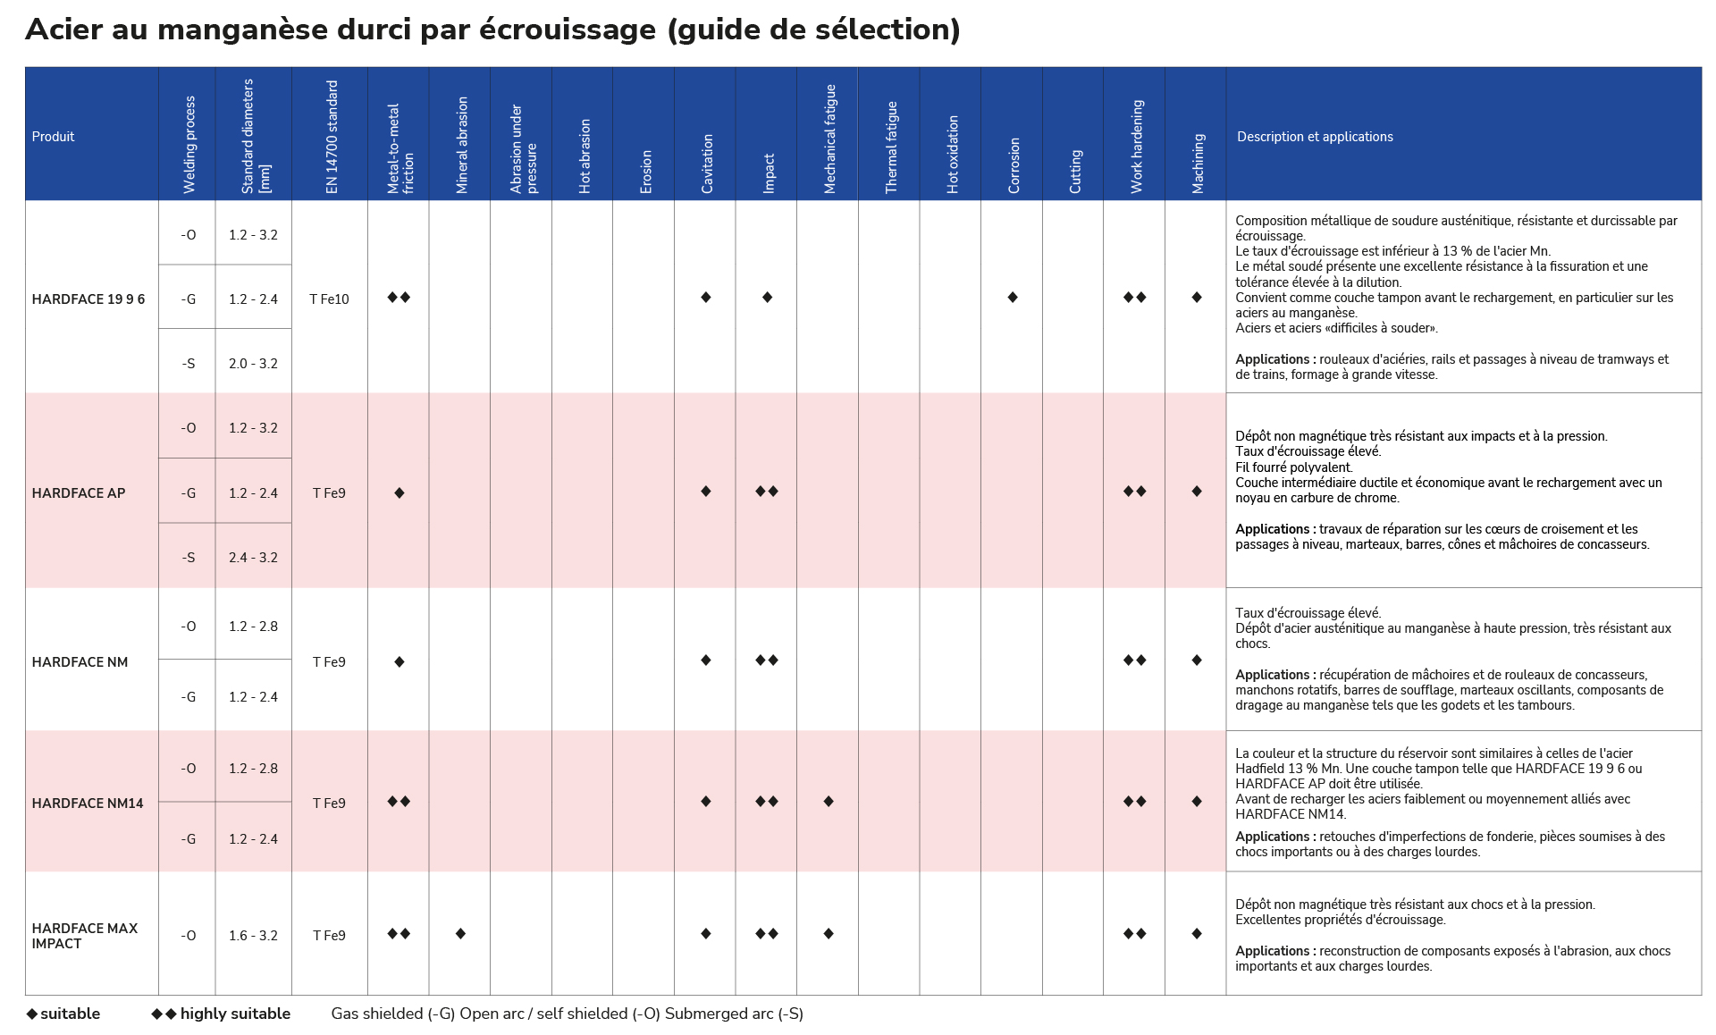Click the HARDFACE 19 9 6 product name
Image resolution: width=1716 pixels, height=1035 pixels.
click(x=88, y=299)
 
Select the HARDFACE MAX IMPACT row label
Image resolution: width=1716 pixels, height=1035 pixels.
click(x=85, y=936)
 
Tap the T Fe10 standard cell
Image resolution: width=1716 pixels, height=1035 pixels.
click(x=329, y=299)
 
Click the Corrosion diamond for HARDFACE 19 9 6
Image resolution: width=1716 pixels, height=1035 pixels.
click(x=1013, y=298)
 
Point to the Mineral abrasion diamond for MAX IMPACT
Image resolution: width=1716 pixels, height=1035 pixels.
click(x=460, y=934)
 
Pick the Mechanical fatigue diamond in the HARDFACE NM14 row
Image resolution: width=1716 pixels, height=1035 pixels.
click(x=829, y=802)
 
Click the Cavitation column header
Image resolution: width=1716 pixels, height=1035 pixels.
click(x=707, y=164)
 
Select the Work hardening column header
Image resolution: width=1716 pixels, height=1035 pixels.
click(x=1137, y=147)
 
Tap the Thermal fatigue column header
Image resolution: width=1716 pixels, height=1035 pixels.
click(x=891, y=147)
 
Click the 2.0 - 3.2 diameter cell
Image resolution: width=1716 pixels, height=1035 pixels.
click(x=253, y=364)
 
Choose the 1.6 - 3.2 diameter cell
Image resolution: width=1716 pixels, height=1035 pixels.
click(x=253, y=936)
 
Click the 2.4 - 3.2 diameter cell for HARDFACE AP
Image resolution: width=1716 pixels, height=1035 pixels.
click(x=253, y=558)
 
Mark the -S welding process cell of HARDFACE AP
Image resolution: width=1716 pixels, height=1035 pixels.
click(x=188, y=558)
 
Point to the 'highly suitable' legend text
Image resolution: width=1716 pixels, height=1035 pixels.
click(x=235, y=1014)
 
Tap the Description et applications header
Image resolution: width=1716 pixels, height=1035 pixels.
click(x=1315, y=137)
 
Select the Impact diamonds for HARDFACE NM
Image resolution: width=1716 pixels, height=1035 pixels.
click(x=767, y=661)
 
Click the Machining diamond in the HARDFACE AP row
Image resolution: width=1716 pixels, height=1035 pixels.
click(x=1197, y=492)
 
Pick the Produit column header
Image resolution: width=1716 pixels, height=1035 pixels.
click(x=53, y=137)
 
